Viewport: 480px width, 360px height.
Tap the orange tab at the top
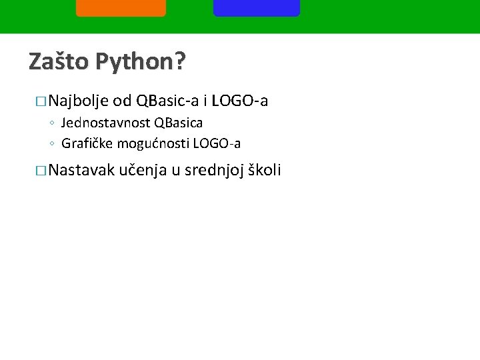pos(121,7)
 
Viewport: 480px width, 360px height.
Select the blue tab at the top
pos(257,7)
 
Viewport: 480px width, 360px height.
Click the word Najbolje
pos(79,102)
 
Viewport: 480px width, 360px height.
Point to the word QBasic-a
pos(167,101)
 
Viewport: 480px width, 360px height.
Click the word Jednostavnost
pos(105,123)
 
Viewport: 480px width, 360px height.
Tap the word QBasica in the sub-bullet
pos(178,123)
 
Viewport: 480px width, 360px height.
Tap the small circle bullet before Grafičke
pos(51,144)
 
